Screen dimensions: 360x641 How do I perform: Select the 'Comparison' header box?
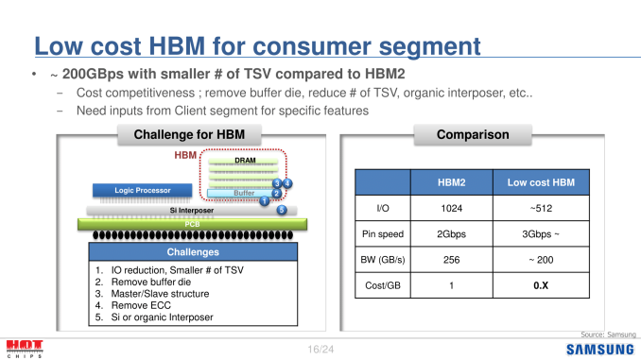point(472,135)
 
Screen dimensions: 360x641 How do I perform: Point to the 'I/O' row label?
point(384,206)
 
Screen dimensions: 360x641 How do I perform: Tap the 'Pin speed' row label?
point(384,232)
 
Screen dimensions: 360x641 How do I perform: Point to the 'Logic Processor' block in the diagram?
point(143,190)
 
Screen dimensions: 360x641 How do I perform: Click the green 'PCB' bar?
point(192,224)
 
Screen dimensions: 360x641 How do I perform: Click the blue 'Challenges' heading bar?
point(193,252)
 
